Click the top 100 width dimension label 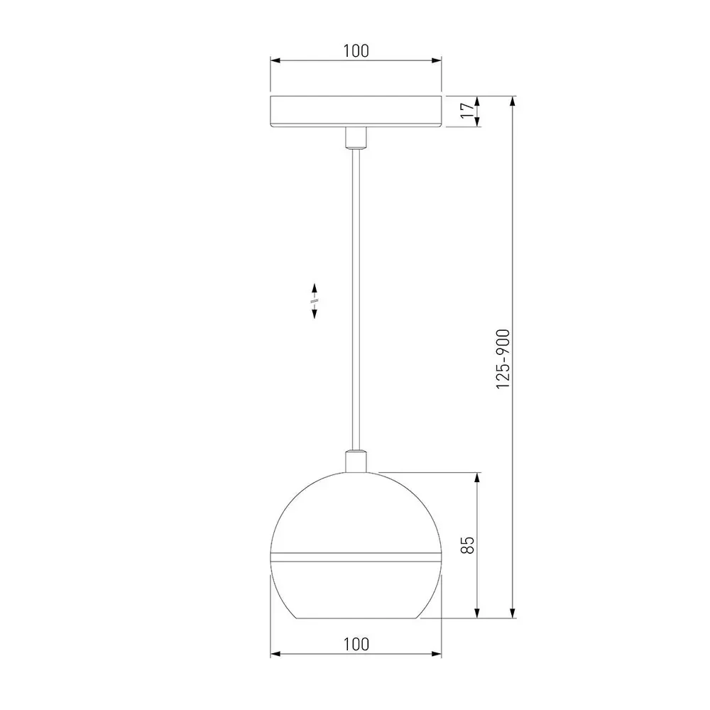pos(356,50)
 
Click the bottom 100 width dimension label pos(356,644)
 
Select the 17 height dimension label pos(467,111)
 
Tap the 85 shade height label pos(467,545)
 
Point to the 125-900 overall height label pos(503,359)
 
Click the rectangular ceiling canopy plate pos(356,111)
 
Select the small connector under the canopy pos(356,138)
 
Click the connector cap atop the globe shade pos(356,461)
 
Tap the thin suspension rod pos(356,299)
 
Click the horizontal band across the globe pos(356,557)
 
